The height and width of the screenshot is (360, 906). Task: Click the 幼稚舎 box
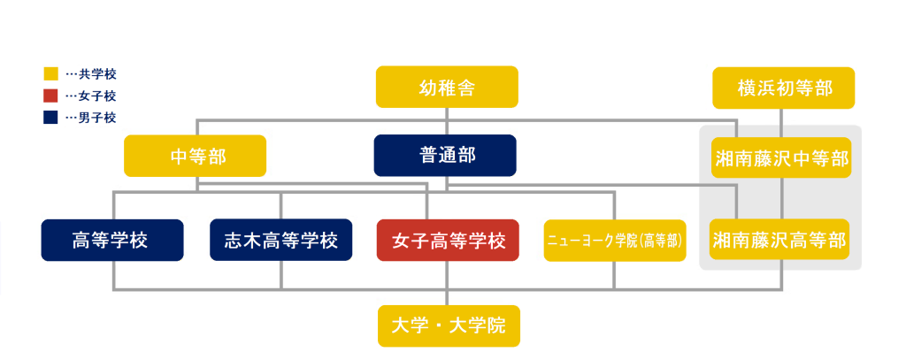[x=446, y=88]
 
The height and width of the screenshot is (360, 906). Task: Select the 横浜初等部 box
[x=783, y=88]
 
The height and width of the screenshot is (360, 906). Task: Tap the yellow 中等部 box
[x=196, y=156]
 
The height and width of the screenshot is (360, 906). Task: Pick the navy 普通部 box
[x=446, y=155]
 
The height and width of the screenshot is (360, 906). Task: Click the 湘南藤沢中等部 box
[x=781, y=158]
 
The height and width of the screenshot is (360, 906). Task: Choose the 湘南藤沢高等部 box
[x=781, y=240]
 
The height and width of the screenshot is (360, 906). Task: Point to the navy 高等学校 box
[x=112, y=240]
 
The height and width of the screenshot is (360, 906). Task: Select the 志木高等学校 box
[x=281, y=240]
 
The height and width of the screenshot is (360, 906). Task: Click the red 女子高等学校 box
[x=448, y=240]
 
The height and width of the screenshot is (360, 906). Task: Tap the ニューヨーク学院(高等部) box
[x=615, y=241]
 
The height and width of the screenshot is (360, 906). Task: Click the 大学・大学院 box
[x=448, y=326]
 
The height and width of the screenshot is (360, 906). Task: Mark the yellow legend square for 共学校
[x=50, y=73]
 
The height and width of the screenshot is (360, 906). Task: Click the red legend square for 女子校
[x=50, y=96]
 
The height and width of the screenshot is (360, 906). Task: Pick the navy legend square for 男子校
[x=50, y=117]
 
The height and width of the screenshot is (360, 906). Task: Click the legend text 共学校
[x=97, y=74]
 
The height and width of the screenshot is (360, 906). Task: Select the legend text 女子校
[x=97, y=96]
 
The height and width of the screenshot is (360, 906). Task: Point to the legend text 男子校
[x=97, y=117]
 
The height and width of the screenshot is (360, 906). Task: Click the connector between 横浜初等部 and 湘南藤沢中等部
[x=781, y=123]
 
